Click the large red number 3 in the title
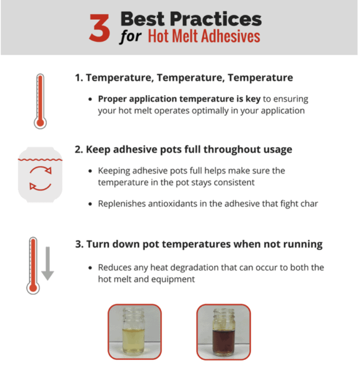pyautogui.click(x=100, y=27)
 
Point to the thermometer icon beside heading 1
pyautogui.click(x=40, y=101)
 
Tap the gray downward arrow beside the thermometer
pyautogui.click(x=48, y=263)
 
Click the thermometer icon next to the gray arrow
pyautogui.click(x=33, y=265)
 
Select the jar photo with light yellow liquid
pyautogui.click(x=135, y=331)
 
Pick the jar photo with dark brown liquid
pyautogui.click(x=223, y=331)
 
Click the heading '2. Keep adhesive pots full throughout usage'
pyautogui.click(x=183, y=150)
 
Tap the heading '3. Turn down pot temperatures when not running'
pyautogui.click(x=198, y=244)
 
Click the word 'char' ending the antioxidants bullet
pyautogui.click(x=308, y=204)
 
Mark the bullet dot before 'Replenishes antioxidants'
pyautogui.click(x=90, y=204)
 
